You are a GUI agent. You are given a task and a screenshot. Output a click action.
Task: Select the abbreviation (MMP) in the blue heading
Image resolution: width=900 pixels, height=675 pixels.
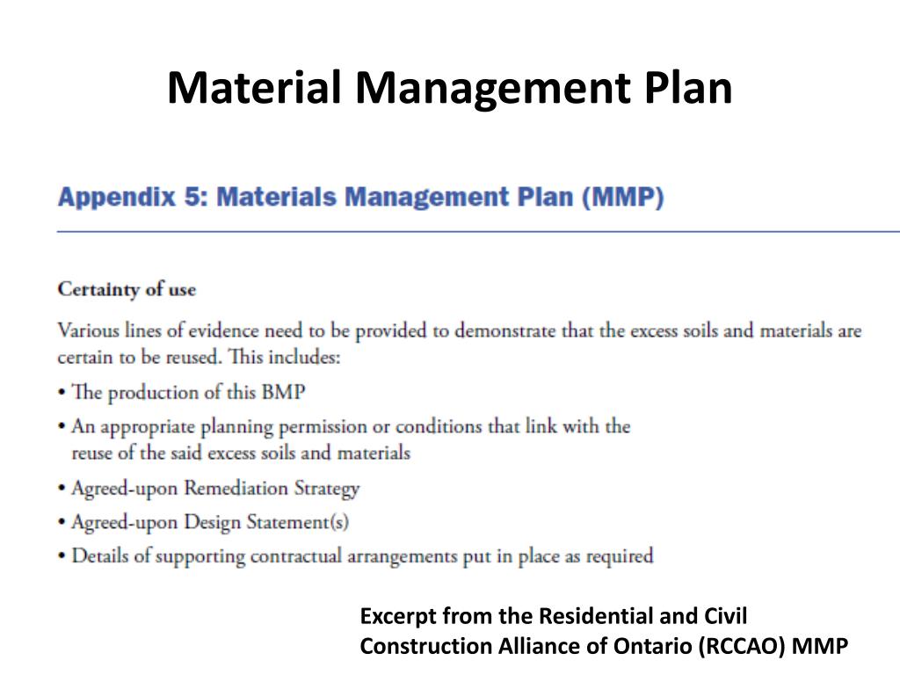click(x=623, y=198)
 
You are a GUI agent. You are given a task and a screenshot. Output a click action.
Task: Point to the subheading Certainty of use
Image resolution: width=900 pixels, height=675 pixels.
click(x=127, y=289)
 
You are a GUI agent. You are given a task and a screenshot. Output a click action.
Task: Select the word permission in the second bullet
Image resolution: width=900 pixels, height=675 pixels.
click(x=330, y=427)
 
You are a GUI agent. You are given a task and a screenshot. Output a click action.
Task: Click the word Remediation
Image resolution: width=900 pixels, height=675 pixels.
click(x=236, y=489)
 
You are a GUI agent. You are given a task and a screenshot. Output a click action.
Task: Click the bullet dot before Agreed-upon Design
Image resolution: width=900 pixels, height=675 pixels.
click(x=62, y=523)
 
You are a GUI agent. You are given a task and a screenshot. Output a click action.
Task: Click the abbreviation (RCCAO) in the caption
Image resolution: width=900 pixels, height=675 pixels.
click(x=744, y=646)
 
